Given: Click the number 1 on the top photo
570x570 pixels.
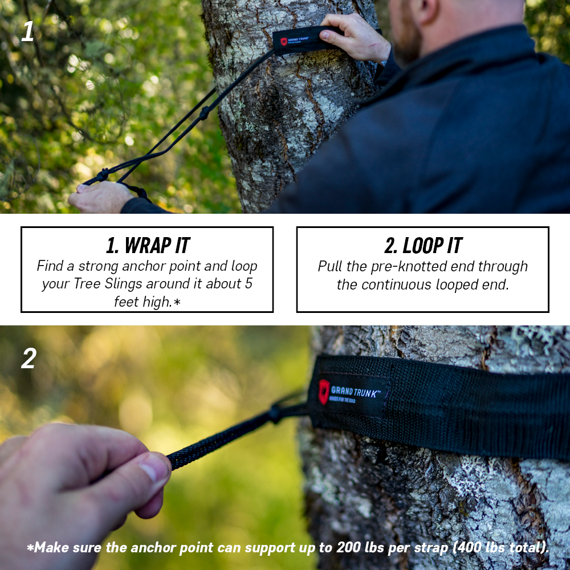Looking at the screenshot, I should pyautogui.click(x=27, y=32).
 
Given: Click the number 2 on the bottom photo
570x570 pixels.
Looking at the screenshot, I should pyautogui.click(x=28, y=358).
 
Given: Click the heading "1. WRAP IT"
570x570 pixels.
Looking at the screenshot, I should pyautogui.click(x=148, y=245).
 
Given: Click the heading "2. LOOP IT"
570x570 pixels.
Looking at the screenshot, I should pyautogui.click(x=423, y=245).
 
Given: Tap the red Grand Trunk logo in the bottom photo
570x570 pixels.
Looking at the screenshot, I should pyautogui.click(x=324, y=390).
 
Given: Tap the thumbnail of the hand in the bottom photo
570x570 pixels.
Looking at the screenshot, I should pyautogui.click(x=154, y=469).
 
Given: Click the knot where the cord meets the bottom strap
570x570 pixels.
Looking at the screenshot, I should pyautogui.click(x=276, y=413).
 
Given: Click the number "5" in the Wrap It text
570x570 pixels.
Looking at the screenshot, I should pyautogui.click(x=249, y=284).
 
